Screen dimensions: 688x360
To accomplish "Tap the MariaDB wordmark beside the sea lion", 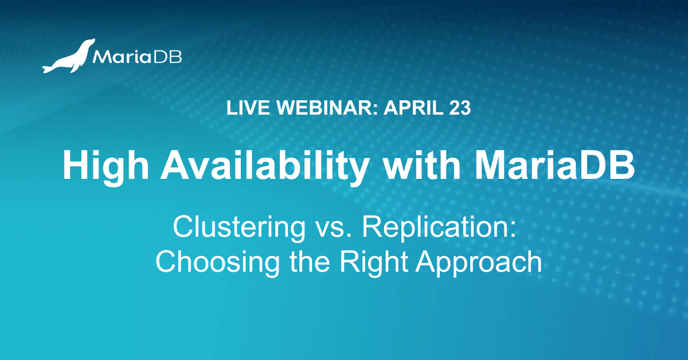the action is pyautogui.click(x=137, y=57).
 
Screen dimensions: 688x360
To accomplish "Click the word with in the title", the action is pyautogui.click(x=423, y=165).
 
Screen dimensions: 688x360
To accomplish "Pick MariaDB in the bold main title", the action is pyautogui.click(x=555, y=165).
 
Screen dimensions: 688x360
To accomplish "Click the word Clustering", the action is pyautogui.click(x=239, y=228).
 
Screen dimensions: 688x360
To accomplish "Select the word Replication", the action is pyautogui.click(x=436, y=228).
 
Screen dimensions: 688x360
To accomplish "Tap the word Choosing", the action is pyautogui.click(x=217, y=263).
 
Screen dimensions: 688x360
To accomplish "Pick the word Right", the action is pyautogui.click(x=374, y=263).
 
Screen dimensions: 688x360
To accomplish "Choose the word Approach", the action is pyautogui.click(x=479, y=263).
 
